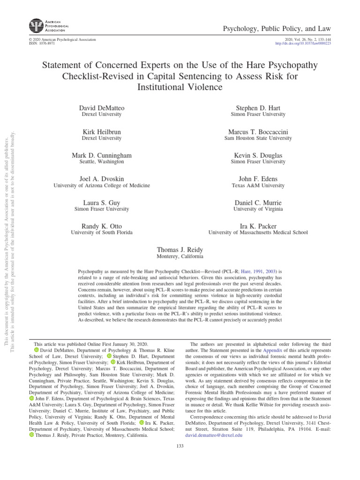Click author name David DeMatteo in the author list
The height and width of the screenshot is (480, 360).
click(101, 108)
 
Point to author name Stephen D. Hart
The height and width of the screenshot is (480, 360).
click(258, 108)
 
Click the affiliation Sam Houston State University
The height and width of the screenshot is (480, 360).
click(258, 138)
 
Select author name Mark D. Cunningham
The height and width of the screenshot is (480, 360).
click(101, 155)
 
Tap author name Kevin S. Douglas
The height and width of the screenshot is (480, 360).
click(258, 155)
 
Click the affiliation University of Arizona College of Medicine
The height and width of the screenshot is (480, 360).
click(101, 186)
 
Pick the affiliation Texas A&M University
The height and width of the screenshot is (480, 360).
click(258, 186)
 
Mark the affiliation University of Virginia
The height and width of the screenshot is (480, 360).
click(258, 209)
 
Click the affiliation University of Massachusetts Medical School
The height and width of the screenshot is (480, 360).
click(258, 232)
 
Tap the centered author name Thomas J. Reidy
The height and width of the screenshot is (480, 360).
click(180, 249)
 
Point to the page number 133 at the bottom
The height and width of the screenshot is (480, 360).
click(180, 445)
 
